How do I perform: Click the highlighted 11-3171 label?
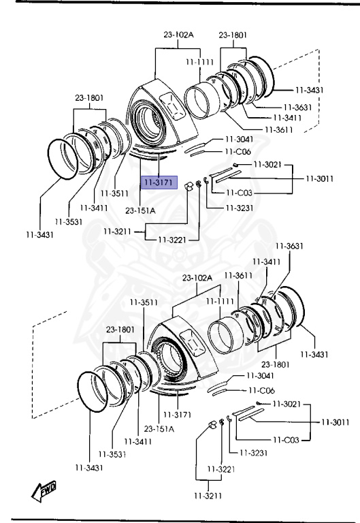[x=159, y=183]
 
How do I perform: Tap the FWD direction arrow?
[x=44, y=491]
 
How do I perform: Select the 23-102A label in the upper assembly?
[x=178, y=34]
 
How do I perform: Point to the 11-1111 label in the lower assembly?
[x=220, y=302]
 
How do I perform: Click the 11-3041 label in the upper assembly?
[x=239, y=139]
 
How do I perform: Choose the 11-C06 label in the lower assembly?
[x=261, y=390]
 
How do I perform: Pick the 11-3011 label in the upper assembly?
[x=320, y=178]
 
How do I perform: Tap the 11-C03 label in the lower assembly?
[x=286, y=440]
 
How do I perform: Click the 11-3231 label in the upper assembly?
[x=240, y=208]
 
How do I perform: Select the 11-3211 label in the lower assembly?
[x=208, y=496]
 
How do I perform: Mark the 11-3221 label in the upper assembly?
[x=172, y=240]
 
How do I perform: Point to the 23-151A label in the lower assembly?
[x=159, y=428]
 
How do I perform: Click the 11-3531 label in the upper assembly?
[x=69, y=221]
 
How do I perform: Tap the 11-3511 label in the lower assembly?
[x=144, y=302]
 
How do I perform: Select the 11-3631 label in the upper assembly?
[x=297, y=107]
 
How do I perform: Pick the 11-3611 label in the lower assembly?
[x=238, y=276]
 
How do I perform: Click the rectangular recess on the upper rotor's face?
[x=172, y=106]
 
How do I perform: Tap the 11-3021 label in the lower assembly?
[x=287, y=404]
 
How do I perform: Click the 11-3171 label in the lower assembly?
[x=177, y=415]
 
